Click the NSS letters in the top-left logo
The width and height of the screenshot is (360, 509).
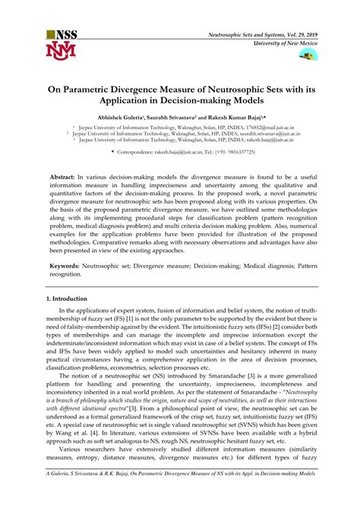point(64,36)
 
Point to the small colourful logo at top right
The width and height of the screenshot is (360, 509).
point(308,56)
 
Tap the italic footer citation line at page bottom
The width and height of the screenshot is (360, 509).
point(180,495)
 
